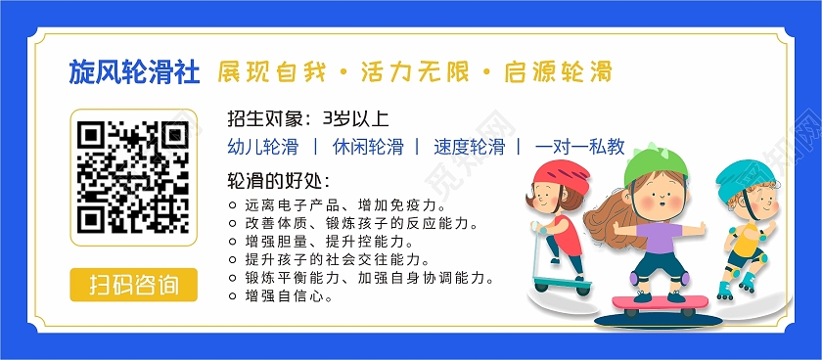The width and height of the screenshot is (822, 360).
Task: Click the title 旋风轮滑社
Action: click(x=135, y=72)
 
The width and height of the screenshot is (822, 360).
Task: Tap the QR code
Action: click(x=133, y=176)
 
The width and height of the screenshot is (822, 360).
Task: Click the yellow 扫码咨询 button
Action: click(x=133, y=286)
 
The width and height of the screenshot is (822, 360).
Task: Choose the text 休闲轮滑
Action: click(x=367, y=148)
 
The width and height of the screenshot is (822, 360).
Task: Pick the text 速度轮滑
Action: click(x=469, y=148)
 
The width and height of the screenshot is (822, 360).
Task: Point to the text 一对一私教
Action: click(x=579, y=148)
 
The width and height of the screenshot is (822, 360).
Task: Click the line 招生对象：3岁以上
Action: click(x=307, y=119)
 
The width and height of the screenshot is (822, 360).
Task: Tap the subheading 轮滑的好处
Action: click(x=278, y=181)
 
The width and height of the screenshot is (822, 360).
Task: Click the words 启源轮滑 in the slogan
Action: click(x=559, y=72)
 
